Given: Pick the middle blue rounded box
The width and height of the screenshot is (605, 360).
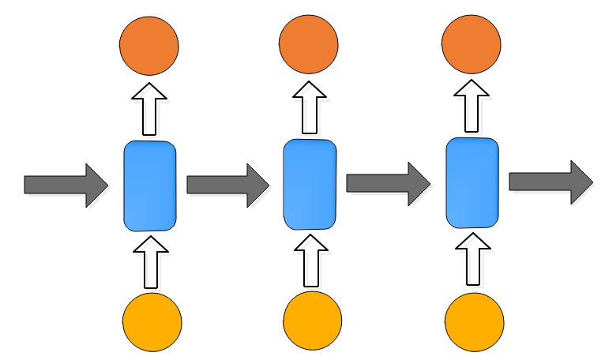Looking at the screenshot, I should point(310,185).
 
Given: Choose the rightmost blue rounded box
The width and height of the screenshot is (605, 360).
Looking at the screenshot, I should point(472,182).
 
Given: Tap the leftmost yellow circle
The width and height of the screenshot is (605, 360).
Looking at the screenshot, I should point(152,322).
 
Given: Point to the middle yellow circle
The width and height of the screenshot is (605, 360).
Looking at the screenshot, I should point(313,322).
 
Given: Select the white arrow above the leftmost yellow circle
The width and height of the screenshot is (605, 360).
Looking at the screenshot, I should point(151,261).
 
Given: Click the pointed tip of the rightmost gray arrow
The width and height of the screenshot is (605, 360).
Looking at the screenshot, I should point(590,181).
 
